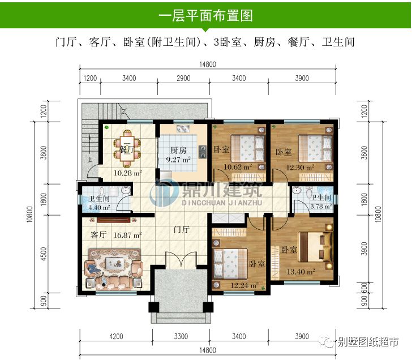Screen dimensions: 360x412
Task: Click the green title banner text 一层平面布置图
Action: click(x=205, y=15)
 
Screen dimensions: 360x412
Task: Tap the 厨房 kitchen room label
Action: click(x=179, y=151)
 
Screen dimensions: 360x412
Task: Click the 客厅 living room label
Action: click(x=99, y=234)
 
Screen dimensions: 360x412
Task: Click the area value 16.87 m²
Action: click(x=127, y=234)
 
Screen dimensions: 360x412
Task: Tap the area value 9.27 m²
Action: click(x=177, y=161)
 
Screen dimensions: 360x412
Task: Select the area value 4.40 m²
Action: click(x=99, y=208)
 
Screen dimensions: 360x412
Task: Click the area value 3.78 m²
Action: click(x=320, y=207)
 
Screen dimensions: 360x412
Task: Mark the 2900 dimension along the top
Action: click(x=183, y=79)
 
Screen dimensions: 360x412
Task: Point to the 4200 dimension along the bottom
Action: click(x=116, y=337)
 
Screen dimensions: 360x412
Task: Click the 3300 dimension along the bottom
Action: click(x=181, y=337)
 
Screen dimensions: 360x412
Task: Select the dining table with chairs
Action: click(x=127, y=144)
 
